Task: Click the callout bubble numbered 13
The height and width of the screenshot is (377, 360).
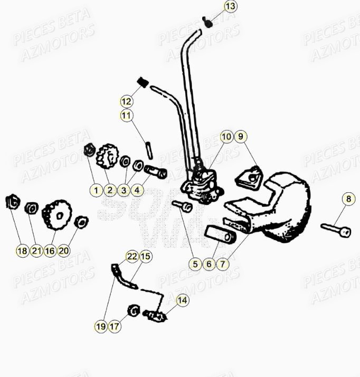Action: (230, 7)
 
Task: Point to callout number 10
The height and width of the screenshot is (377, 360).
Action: (226, 137)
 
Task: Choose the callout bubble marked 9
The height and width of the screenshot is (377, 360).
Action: (240, 137)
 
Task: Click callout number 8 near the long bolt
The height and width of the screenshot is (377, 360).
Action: (347, 199)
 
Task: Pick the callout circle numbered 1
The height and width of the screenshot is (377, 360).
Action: (97, 190)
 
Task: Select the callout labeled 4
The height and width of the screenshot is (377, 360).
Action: (137, 190)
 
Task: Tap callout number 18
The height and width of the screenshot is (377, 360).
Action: (22, 251)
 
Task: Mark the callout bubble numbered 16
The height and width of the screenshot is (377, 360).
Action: (50, 251)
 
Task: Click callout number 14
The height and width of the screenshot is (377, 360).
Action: (182, 301)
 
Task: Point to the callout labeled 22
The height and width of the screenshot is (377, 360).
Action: (131, 257)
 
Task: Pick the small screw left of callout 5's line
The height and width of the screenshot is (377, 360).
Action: (185, 206)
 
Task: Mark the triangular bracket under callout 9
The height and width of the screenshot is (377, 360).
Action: (249, 177)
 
